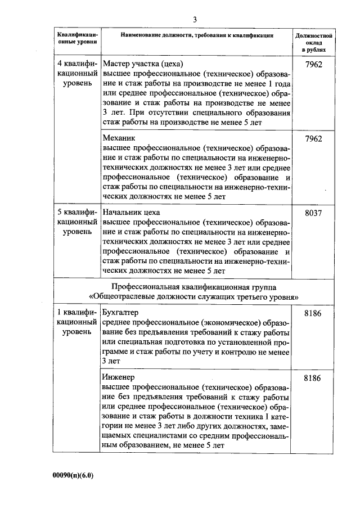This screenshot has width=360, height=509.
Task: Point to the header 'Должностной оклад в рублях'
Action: tap(313, 43)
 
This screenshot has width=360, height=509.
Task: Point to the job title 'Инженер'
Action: tap(119, 377)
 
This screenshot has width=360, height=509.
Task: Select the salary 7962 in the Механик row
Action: tap(312, 138)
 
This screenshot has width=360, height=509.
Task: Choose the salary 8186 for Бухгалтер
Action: tap(312, 313)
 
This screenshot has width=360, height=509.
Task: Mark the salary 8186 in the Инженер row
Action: tap(312, 378)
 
